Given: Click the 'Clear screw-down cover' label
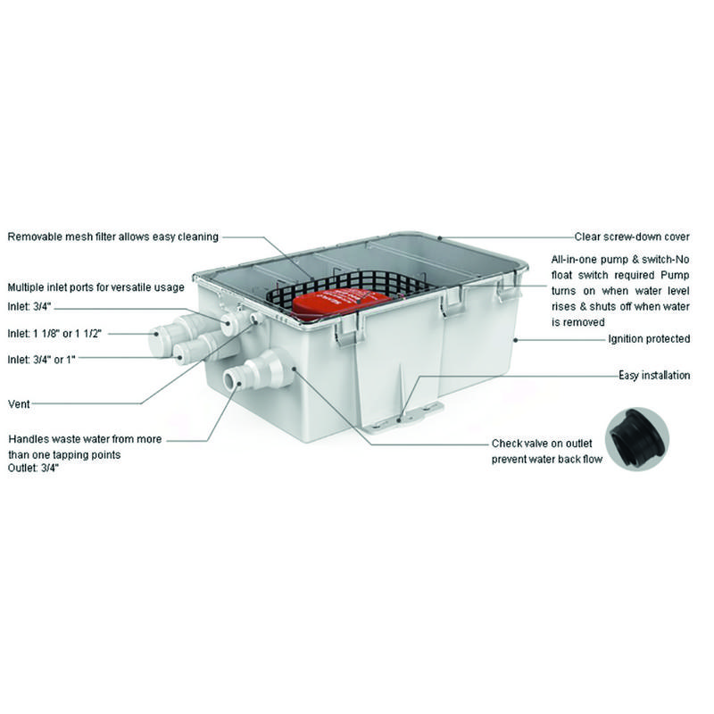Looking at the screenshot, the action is coord(632,237).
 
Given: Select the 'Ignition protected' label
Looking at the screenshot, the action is coord(649,339).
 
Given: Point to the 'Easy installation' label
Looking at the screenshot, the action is coord(654,375).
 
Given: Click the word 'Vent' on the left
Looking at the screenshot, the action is coord(19,404).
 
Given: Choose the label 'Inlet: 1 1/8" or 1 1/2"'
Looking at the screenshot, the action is coord(54,333).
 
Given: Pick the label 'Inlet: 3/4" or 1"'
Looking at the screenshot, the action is coord(41,360).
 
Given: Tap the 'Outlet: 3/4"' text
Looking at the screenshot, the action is coord(33,468).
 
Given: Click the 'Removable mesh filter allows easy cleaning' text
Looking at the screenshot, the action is coord(113,237).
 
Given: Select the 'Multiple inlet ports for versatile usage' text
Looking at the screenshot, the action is coord(96,287).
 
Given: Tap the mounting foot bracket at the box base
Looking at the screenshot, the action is coord(403,416).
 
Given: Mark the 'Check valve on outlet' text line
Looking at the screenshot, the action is coord(542,444).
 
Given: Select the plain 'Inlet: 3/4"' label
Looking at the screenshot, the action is coord(29,307).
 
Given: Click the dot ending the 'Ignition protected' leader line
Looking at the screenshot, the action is coord(516,340).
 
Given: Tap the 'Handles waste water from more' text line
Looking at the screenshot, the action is coord(85,439).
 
